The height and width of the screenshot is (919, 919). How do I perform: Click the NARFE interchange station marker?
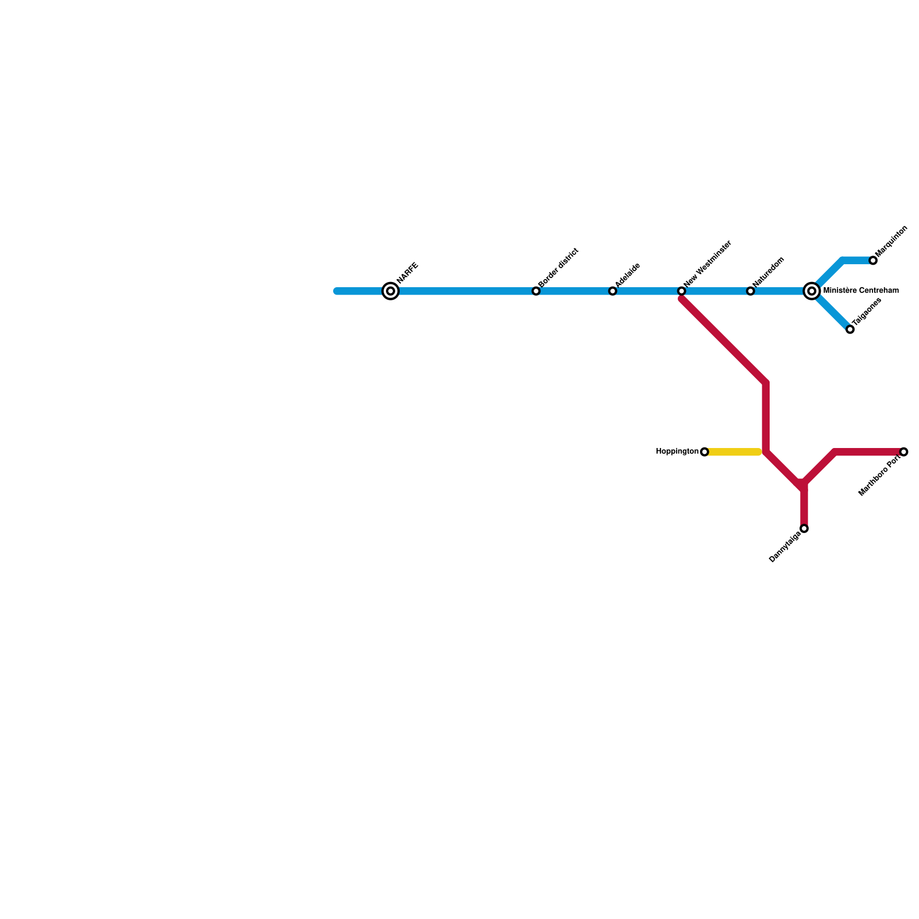pyautogui.click(x=391, y=291)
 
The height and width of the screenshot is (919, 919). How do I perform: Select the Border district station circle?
pyautogui.click(x=536, y=291)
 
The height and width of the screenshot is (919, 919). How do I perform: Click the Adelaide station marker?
pyautogui.click(x=613, y=291)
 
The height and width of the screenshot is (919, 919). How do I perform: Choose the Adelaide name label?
pyautogui.click(x=628, y=276)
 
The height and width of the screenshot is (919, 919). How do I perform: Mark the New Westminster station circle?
pyautogui.click(x=681, y=291)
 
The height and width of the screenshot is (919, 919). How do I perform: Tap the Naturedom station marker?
pyautogui.click(x=751, y=291)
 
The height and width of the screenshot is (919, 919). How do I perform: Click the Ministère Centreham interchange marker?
pyautogui.click(x=812, y=291)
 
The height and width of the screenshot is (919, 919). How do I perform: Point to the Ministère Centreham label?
pyautogui.click(x=860, y=291)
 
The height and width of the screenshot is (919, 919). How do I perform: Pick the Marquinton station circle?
pyautogui.click(x=873, y=261)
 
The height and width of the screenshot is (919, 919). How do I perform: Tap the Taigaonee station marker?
pyautogui.click(x=850, y=329)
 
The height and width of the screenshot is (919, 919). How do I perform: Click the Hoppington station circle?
pyautogui.click(x=705, y=452)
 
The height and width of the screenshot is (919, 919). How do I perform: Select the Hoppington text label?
pyautogui.click(x=677, y=452)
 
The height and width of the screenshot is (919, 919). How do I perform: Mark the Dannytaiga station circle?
pyautogui.click(x=804, y=528)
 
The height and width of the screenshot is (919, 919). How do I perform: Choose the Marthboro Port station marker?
pyautogui.click(x=904, y=452)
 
